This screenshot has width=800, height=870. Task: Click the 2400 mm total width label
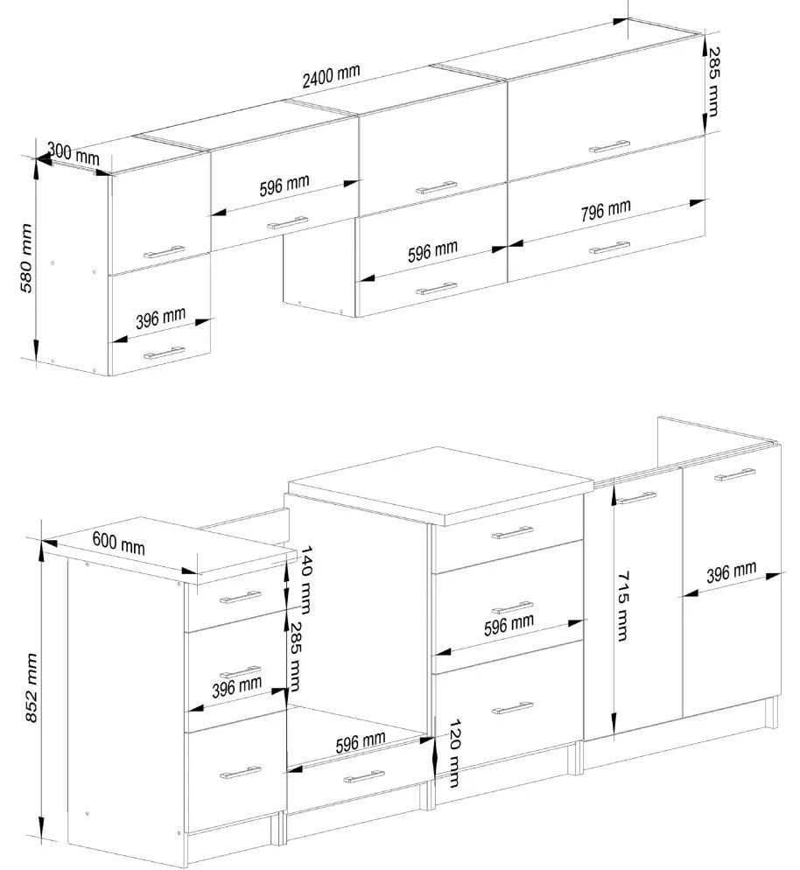pos(331,75)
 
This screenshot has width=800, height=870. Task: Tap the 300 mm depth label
pos(74,152)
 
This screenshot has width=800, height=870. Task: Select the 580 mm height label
pos(26,258)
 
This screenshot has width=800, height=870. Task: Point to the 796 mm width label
pos(606,210)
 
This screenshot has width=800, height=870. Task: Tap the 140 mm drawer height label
pos(305,579)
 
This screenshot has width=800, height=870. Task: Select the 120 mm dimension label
pos(453,754)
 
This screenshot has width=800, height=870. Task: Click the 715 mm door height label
pos(623,606)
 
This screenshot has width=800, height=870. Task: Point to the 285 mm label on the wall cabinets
pos(712,82)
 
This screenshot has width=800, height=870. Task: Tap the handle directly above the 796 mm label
pos(609,147)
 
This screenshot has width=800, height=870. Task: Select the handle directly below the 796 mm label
pos(609,248)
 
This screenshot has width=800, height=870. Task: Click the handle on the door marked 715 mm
pos(636,498)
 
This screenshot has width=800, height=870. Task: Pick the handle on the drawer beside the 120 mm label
pos(364,777)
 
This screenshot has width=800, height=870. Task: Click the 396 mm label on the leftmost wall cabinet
pos(160,319)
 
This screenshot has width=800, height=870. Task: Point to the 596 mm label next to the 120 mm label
pos(360,742)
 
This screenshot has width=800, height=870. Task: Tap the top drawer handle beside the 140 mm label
pos(240,597)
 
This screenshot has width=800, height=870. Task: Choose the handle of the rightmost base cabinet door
pos(734,474)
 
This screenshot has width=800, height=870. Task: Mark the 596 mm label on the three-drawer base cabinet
pos(509,625)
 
